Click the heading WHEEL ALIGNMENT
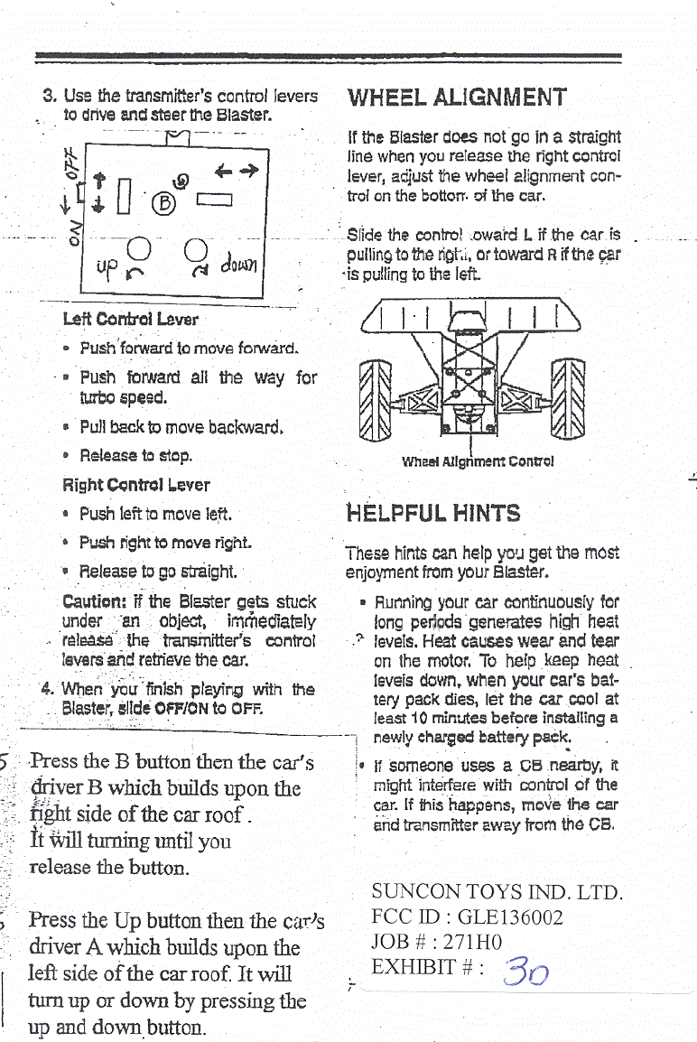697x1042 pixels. click(458, 98)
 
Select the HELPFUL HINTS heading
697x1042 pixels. click(433, 514)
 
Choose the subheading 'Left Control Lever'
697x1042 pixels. click(131, 320)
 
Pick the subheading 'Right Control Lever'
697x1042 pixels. click(135, 485)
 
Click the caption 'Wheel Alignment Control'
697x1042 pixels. click(478, 461)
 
